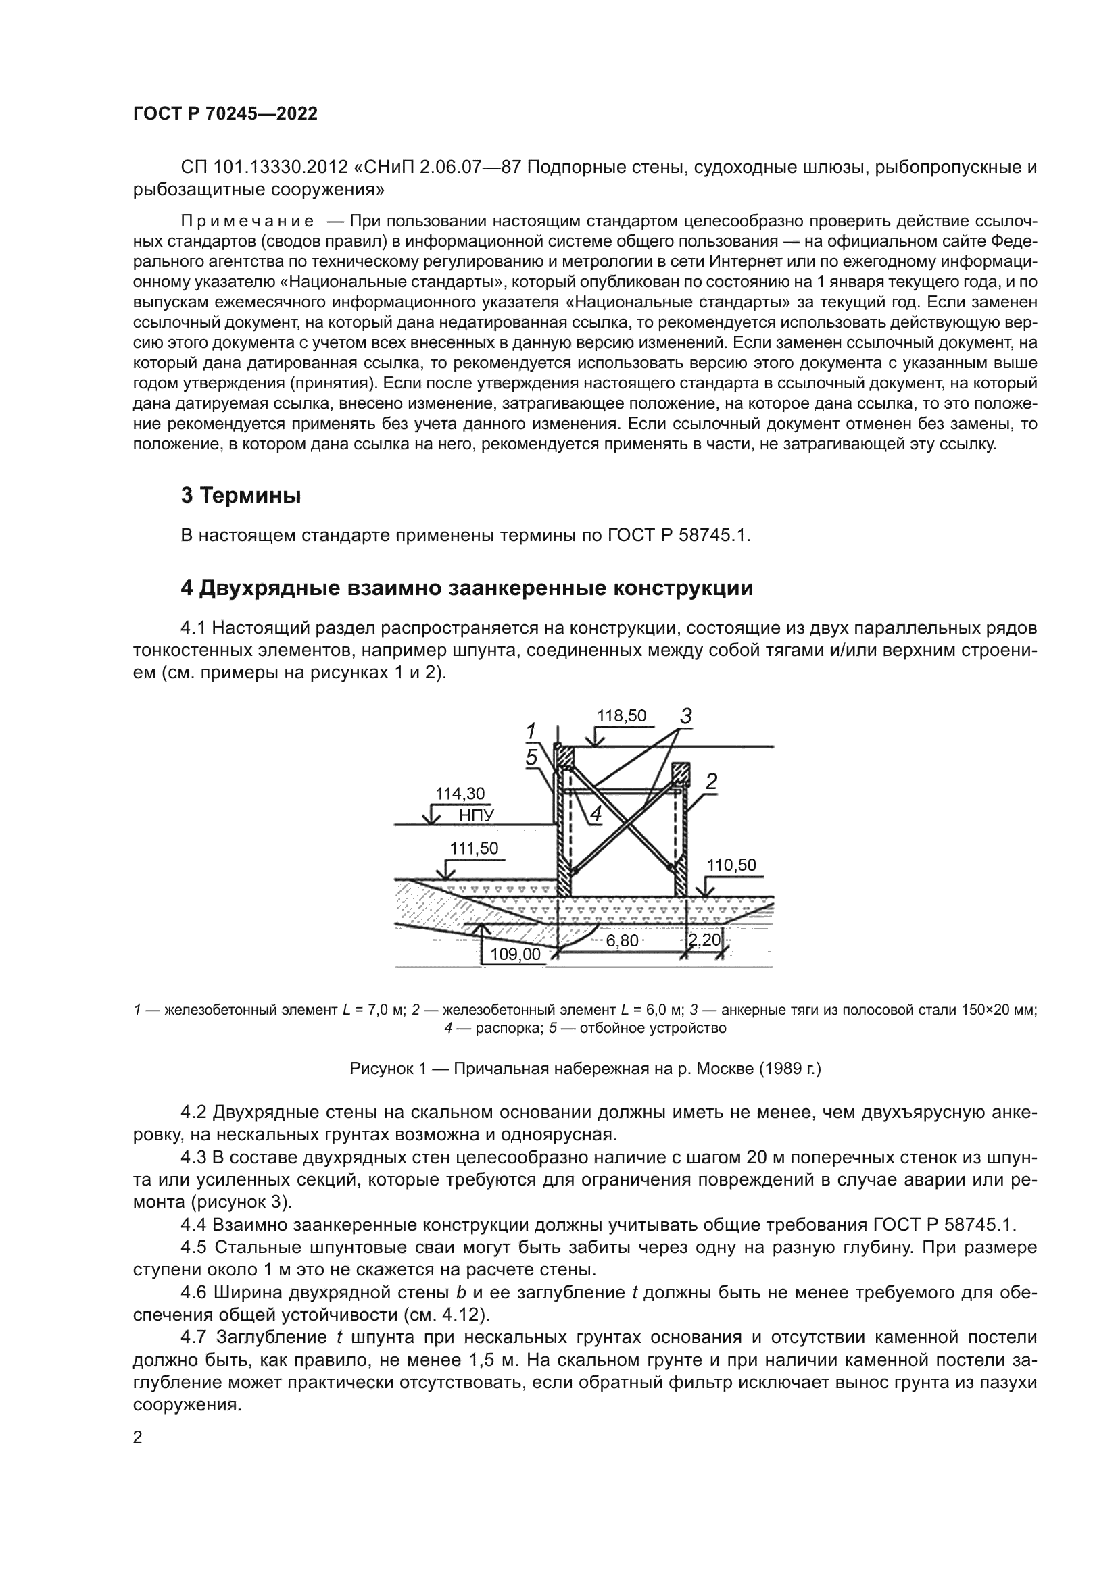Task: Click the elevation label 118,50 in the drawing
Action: [621, 715]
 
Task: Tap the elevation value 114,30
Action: [459, 794]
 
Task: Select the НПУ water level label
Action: [477, 816]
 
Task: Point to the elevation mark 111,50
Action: [474, 848]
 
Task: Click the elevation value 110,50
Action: [731, 865]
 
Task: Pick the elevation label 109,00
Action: [515, 954]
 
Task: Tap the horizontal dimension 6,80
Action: [622, 940]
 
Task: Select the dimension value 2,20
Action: [704, 939]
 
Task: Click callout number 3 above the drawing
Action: [685, 716]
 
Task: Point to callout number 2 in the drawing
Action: [711, 781]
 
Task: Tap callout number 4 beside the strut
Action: [596, 814]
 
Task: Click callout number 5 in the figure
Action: [531, 758]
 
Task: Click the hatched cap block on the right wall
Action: [680, 773]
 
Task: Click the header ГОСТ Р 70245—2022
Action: [225, 113]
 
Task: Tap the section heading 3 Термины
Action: [240, 494]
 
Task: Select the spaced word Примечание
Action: [247, 221]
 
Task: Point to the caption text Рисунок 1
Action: [390, 1069]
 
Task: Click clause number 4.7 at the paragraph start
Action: [193, 1337]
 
